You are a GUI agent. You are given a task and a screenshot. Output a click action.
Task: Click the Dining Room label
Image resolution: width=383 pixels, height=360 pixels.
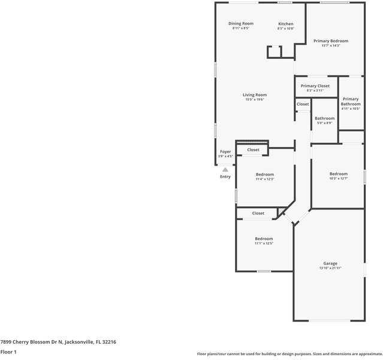tap(241, 24)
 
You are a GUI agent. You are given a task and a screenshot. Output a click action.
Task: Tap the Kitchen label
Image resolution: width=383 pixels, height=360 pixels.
tap(285, 24)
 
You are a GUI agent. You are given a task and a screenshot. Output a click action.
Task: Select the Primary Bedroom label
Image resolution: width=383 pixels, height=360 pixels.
tap(330, 41)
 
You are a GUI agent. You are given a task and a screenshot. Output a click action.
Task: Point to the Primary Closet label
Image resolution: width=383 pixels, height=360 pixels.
tap(315, 86)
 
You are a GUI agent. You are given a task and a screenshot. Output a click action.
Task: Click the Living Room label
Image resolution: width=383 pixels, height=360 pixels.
tap(255, 95)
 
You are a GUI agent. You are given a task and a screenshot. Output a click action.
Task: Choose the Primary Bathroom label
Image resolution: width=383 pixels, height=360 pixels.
tap(351, 101)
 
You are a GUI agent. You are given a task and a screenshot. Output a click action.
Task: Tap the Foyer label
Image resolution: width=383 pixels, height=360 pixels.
tap(225, 152)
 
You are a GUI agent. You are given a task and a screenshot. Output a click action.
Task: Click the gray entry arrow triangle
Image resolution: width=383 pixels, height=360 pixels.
tap(225, 170)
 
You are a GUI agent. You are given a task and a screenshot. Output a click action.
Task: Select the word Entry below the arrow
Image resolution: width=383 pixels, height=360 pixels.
tap(225, 176)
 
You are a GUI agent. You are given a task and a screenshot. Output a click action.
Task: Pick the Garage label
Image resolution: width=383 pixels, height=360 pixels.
tap(330, 263)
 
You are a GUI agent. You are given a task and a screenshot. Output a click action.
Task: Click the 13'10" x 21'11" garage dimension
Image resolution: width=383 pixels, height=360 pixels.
tap(330, 268)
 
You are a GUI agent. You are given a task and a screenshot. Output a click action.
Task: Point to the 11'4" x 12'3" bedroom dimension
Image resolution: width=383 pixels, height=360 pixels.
tap(264, 179)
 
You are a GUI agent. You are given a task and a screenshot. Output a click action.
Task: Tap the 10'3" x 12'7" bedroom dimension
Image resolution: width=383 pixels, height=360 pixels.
tap(338, 178)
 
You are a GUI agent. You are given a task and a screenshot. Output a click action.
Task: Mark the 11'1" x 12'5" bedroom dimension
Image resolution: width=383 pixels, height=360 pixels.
tap(264, 244)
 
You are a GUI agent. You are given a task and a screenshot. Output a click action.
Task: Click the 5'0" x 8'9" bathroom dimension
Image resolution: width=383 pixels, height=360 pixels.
tap(324, 123)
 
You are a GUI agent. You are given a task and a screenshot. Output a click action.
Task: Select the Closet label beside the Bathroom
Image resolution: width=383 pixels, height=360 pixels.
tap(303, 104)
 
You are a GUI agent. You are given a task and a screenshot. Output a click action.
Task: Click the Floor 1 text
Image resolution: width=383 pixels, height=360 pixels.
tap(8, 352)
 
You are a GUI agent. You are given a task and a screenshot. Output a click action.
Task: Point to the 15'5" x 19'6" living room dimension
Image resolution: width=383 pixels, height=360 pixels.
tap(255, 100)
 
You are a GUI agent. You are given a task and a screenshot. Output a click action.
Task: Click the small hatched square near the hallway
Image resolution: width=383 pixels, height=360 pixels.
tap(281, 211)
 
